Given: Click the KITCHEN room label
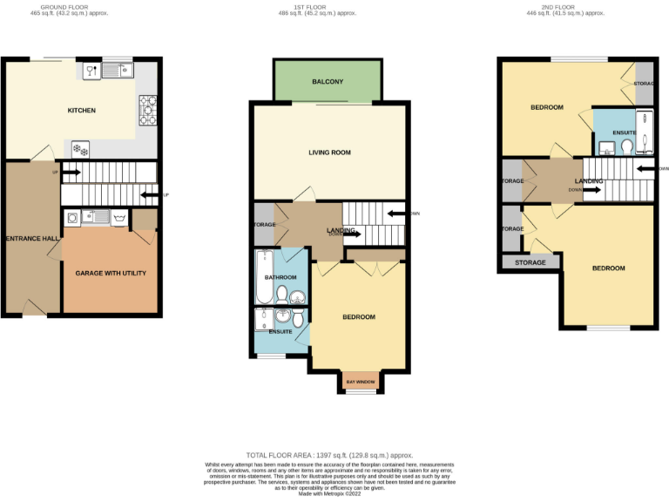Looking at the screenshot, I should [x=82, y=111].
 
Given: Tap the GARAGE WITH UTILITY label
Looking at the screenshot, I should [x=111, y=273].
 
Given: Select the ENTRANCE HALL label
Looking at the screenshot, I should [x=31, y=238].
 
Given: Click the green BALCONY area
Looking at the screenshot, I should [x=328, y=82].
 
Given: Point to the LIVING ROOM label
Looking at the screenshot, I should [x=329, y=153].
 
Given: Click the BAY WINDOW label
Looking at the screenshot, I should [x=361, y=382].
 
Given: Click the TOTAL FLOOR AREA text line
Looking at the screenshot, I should [x=329, y=456].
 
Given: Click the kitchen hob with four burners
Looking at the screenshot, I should [x=148, y=109].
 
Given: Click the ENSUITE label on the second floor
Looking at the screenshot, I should [x=625, y=133].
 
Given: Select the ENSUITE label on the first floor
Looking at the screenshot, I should [x=280, y=331].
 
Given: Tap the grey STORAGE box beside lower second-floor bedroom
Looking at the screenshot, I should [x=530, y=262].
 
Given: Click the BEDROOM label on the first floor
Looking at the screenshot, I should [x=358, y=317].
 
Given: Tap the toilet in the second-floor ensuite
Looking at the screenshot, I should [x=627, y=147].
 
